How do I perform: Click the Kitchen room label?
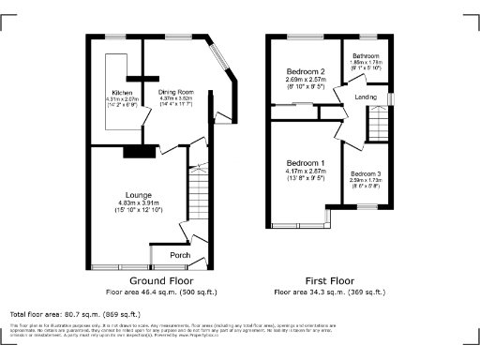(122, 93)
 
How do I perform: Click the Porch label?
(181, 255)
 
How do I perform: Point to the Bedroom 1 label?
(305, 164)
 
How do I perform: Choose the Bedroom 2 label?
(305, 71)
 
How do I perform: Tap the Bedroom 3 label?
(367, 174)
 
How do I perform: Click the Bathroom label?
(366, 56)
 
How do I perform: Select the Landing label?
(367, 97)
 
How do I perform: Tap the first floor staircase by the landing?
(378, 121)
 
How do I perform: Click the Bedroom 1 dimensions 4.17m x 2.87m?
(305, 172)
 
